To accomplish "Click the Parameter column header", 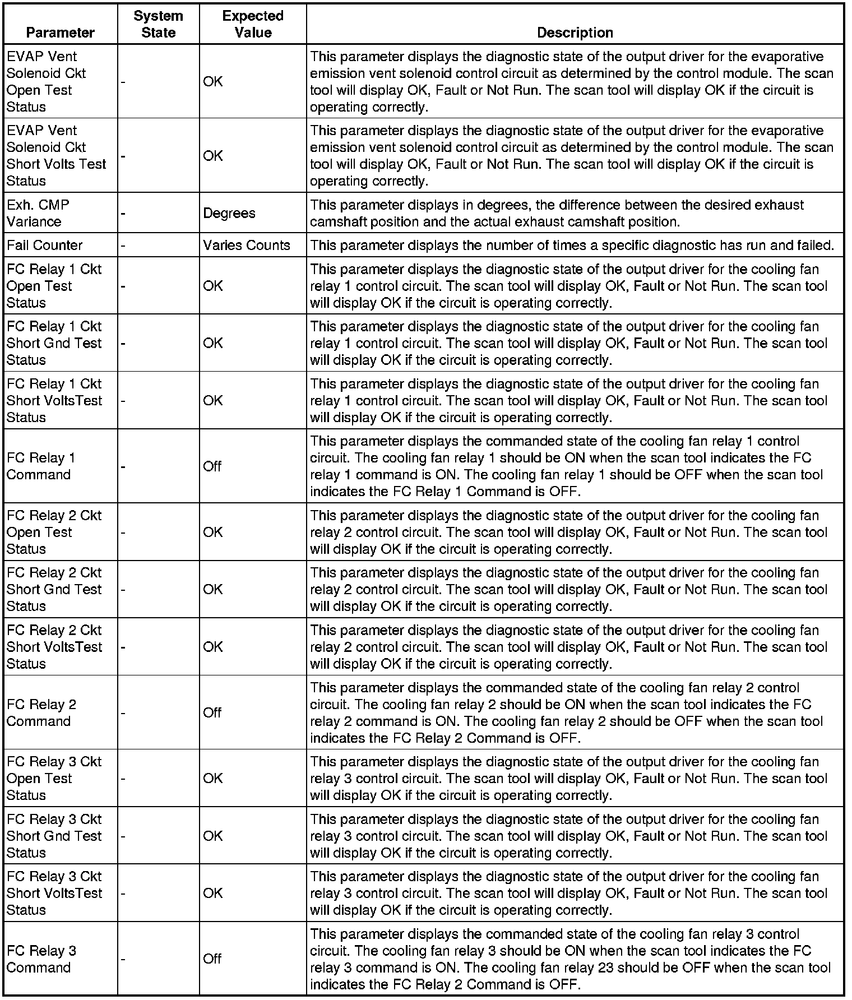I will (x=60, y=33).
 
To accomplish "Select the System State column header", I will (x=158, y=24).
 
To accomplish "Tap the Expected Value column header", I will (x=253, y=24).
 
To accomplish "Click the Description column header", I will (x=575, y=33).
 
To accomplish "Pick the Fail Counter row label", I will (x=44, y=245).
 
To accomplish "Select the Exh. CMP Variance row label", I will (x=38, y=213).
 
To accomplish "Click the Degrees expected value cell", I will (x=229, y=213).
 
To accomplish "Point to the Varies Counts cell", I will (x=247, y=245).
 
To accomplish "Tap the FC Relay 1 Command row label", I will (x=41, y=466).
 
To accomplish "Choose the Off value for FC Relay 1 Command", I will (x=212, y=466).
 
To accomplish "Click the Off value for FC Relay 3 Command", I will (x=212, y=959).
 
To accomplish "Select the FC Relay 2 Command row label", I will (x=41, y=712).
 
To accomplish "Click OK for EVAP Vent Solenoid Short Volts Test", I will (x=213, y=155).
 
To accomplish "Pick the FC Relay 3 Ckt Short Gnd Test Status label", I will (x=54, y=835).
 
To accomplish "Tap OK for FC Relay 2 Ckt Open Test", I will (x=213, y=532).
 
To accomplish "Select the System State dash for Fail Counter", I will (x=123, y=245).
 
